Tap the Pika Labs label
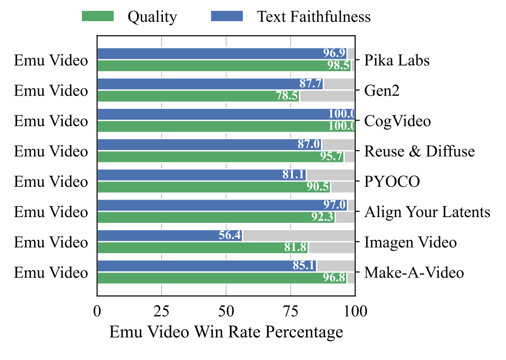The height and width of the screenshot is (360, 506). pos(397,60)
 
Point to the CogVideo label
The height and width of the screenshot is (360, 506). pos(397,121)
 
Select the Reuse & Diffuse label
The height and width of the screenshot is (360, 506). pos(419,152)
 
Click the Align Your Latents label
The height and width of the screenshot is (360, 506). pos(427,212)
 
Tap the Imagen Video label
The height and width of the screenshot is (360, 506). pos(410,242)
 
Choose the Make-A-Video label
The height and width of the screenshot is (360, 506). pos(414,273)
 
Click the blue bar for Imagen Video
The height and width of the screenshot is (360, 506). pos(170,236)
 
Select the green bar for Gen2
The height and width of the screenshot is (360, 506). pos(198,96)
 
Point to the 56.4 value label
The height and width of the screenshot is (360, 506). pos(229,236)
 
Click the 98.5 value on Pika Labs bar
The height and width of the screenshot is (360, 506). pos(339,66)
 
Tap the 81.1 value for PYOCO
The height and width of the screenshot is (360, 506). pos(293,175)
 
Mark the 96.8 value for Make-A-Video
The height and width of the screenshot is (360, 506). pos(334,278)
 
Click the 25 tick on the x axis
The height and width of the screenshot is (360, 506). pos(162,311)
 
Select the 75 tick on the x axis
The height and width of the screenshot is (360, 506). pos(291,311)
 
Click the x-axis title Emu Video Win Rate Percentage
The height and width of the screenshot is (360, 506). pos(226,332)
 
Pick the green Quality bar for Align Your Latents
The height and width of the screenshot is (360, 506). pos(216,217)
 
